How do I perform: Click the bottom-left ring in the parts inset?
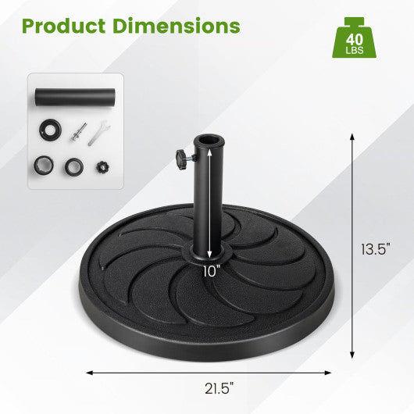pos(45,166)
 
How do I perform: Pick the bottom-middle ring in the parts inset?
pos(75,166)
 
